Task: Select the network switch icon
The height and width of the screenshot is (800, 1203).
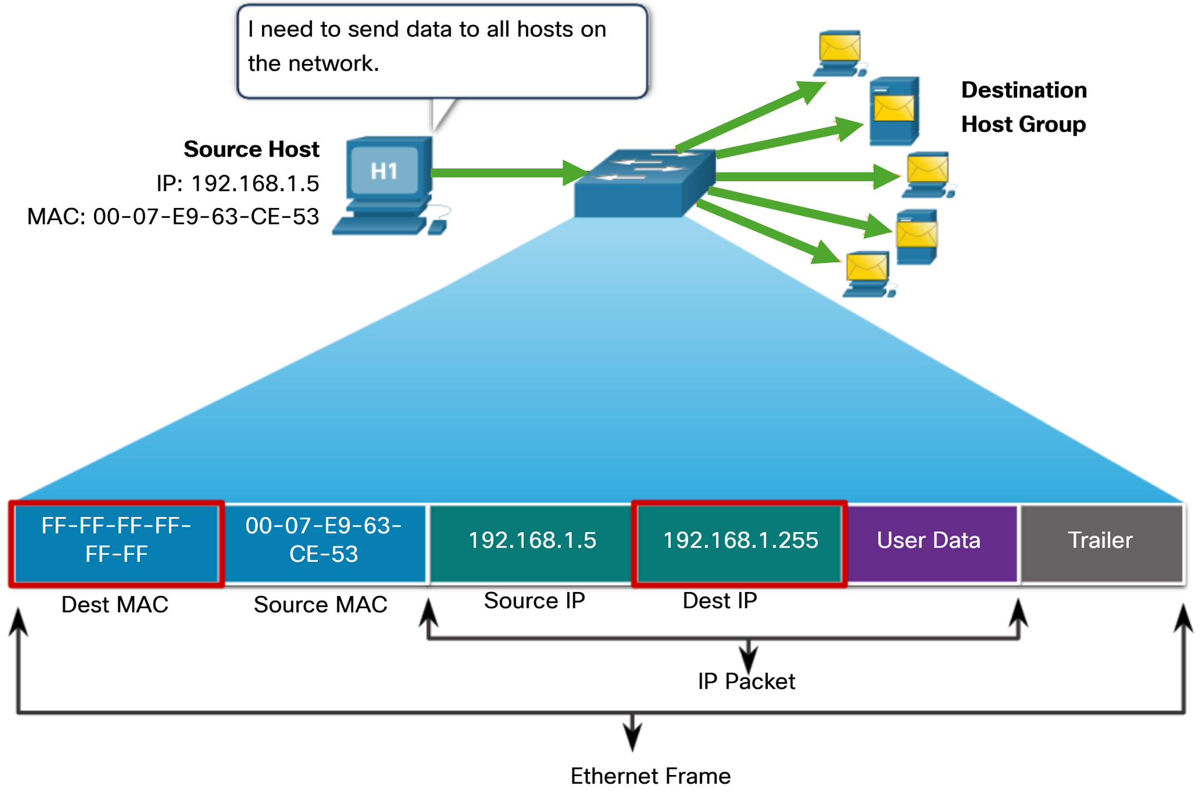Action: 644,183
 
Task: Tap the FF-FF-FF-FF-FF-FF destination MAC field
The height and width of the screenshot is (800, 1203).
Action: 116,540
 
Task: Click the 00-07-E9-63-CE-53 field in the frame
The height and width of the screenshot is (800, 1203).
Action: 324,540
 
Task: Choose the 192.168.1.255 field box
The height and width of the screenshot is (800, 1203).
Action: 740,540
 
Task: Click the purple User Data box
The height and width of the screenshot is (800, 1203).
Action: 928,540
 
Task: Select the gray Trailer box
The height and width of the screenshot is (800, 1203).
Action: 1100,540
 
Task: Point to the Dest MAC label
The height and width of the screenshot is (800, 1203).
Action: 115,604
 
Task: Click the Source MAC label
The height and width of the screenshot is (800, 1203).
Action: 321,604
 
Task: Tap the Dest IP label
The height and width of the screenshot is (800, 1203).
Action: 719,600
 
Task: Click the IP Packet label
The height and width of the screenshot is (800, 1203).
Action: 746,681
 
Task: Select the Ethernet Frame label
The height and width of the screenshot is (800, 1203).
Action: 650,776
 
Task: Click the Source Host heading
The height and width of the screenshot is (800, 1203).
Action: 252,149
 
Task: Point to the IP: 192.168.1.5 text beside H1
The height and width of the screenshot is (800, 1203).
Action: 238,183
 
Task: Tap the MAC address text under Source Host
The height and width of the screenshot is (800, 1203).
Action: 173,216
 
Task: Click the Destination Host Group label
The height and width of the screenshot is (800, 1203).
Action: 1024,107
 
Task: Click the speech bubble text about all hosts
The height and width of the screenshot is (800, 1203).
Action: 427,46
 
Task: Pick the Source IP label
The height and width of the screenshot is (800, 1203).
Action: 534,600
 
